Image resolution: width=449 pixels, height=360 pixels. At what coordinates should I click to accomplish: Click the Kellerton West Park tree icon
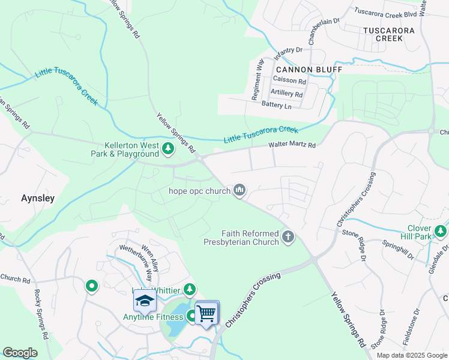pyautogui.click(x=169, y=148)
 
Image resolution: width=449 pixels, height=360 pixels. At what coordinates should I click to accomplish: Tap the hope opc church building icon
pyautogui.click(x=240, y=191)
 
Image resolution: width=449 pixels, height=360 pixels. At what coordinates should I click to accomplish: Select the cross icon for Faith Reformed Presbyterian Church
pyautogui.click(x=288, y=237)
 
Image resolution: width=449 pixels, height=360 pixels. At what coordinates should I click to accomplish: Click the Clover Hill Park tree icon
pyautogui.click(x=441, y=231)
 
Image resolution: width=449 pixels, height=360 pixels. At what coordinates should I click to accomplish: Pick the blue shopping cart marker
pyautogui.click(x=206, y=313)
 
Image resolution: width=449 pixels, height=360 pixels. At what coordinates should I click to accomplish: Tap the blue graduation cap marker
pyautogui.click(x=145, y=301)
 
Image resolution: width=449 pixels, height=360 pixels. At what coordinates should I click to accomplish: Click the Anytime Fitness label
pyautogui.click(x=152, y=317)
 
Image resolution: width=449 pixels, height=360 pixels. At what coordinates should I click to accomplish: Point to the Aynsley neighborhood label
pyautogui.click(x=38, y=197)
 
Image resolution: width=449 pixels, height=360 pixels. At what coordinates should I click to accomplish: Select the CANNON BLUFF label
pyautogui.click(x=309, y=70)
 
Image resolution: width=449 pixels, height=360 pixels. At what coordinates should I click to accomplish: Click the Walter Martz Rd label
pyautogui.click(x=292, y=145)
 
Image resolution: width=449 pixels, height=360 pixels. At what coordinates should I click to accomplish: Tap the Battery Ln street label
pyautogui.click(x=276, y=106)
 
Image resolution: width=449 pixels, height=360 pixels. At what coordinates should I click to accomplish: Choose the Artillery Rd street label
pyautogui.click(x=286, y=94)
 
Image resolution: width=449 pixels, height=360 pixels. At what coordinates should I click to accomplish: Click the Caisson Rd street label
pyautogui.click(x=289, y=80)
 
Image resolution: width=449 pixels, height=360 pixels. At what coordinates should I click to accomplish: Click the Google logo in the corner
pyautogui.click(x=20, y=353)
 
